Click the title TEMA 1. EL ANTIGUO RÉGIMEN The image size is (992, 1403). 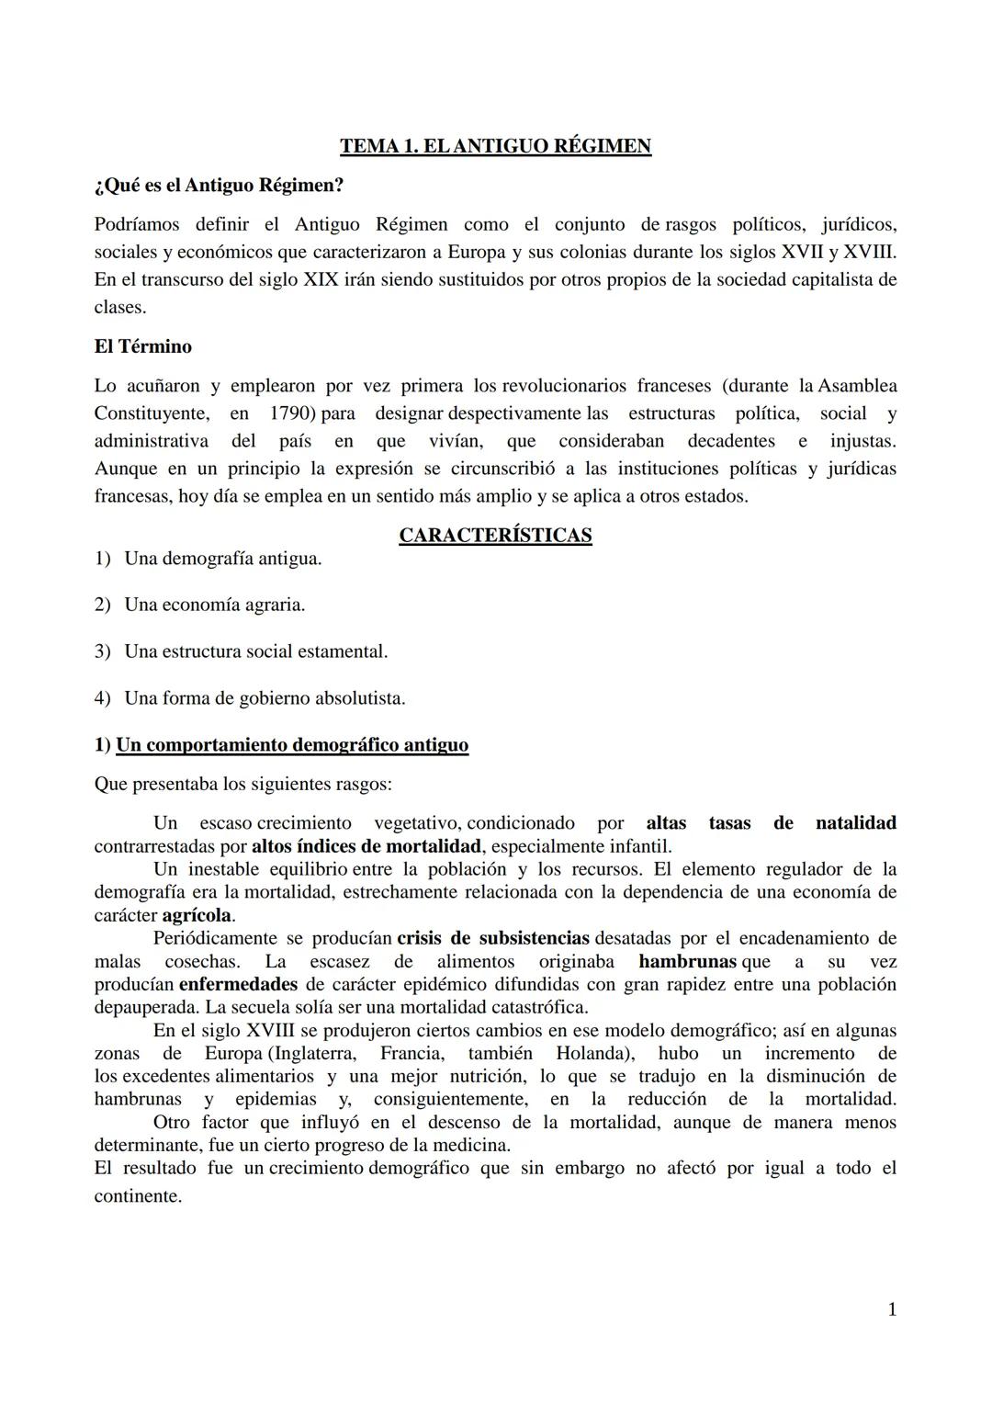point(495,146)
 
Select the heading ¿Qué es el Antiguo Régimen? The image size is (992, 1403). point(219,186)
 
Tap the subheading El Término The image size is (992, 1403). point(142,347)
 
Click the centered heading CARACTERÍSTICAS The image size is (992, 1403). point(495,536)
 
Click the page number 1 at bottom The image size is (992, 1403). point(892,1310)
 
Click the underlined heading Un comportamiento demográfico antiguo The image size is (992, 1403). point(292,745)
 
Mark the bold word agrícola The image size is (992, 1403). point(197,916)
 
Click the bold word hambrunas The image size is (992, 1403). point(687,962)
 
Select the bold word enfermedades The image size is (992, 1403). point(238,985)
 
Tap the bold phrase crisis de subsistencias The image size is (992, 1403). point(493,939)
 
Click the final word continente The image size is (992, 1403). point(137,1197)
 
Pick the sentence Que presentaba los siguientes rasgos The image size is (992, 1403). point(242,786)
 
